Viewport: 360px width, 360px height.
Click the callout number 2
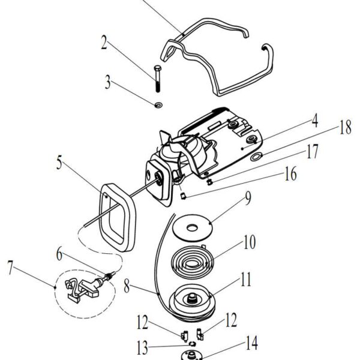point(104,42)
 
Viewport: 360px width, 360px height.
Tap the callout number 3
point(107,82)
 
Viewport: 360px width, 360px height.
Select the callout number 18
point(346,127)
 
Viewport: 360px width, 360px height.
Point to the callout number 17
point(313,152)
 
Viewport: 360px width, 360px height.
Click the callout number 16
point(290,174)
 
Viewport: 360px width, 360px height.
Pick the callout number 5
point(59,163)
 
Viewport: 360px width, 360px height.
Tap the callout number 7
point(10,268)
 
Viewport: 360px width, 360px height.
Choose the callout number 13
point(142,348)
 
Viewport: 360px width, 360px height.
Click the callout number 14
point(251,343)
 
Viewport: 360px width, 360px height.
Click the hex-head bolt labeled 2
point(157,79)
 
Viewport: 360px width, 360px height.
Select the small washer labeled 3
point(158,105)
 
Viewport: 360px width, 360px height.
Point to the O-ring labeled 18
point(256,157)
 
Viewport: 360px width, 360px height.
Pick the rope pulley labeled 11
point(192,302)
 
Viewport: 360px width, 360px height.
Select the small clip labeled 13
point(192,344)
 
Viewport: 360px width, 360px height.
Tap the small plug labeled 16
point(183,196)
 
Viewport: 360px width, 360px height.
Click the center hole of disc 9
point(192,228)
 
